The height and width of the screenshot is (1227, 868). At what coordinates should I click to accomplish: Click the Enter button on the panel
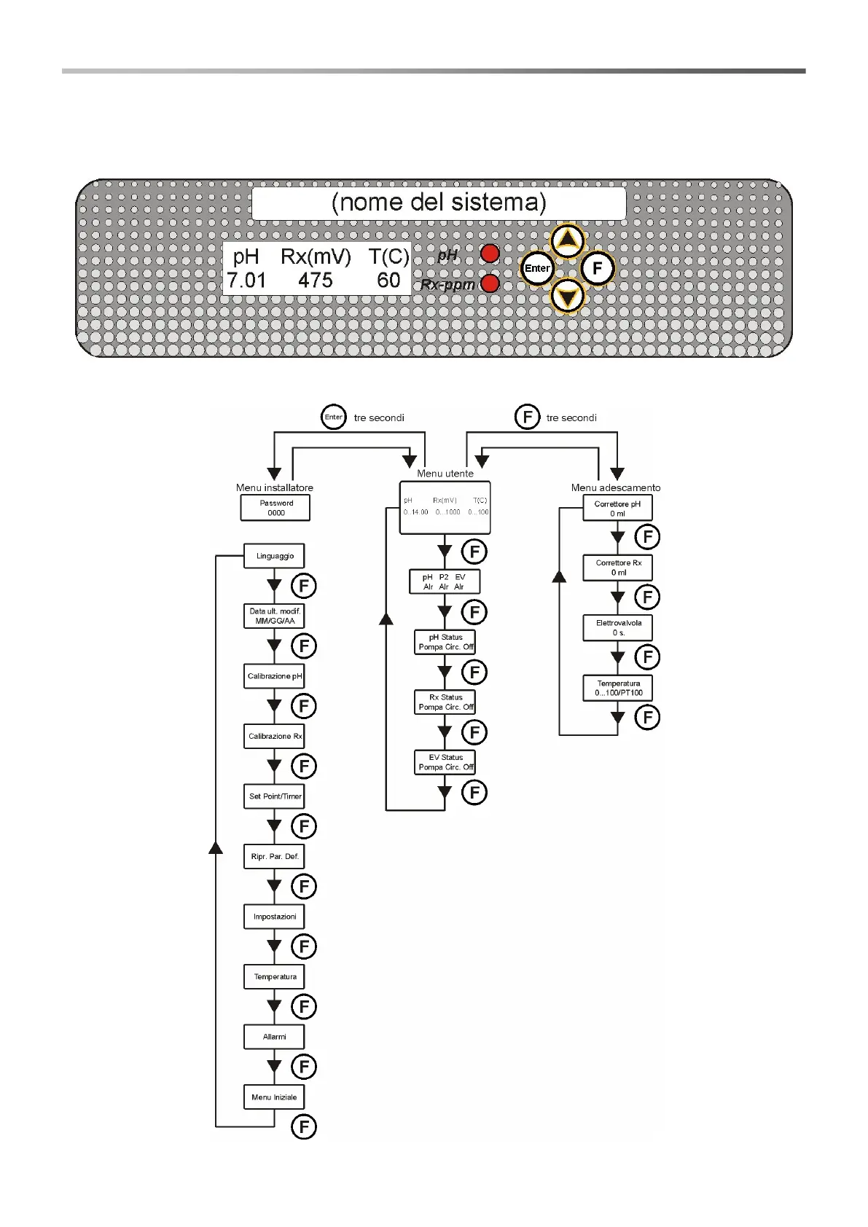pyautogui.click(x=537, y=268)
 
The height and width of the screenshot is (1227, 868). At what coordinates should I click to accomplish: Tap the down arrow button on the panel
pyautogui.click(x=567, y=297)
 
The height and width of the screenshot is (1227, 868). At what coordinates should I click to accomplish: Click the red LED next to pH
pyautogui.click(x=490, y=254)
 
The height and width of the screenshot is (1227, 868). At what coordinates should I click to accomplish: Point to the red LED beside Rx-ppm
pyautogui.click(x=490, y=283)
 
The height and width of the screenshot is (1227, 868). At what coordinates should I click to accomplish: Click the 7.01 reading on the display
pyautogui.click(x=246, y=281)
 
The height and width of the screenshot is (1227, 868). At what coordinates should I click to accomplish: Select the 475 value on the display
pyautogui.click(x=316, y=281)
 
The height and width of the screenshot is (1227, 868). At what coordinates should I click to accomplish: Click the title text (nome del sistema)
pyautogui.click(x=439, y=203)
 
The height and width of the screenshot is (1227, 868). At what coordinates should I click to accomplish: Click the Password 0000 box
pyautogui.click(x=275, y=508)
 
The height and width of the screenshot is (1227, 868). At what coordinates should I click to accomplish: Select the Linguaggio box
pyautogui.click(x=274, y=556)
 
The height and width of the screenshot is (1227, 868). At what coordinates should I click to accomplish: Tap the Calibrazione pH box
pyautogui.click(x=274, y=676)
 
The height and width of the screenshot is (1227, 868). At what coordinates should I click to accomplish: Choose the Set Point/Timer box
pyautogui.click(x=274, y=796)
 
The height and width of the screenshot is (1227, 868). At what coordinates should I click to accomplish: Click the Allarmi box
pyautogui.click(x=274, y=1037)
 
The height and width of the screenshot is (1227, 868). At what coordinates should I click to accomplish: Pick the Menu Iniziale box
pyautogui.click(x=274, y=1097)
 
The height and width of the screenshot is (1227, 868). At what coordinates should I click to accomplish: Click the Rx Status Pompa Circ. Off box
pyautogui.click(x=445, y=702)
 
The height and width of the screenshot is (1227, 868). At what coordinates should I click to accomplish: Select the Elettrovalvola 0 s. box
pyautogui.click(x=618, y=628)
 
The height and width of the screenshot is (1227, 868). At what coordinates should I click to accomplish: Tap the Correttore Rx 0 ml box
pyautogui.click(x=618, y=568)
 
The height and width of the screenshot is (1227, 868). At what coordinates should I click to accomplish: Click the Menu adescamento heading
pyautogui.click(x=616, y=487)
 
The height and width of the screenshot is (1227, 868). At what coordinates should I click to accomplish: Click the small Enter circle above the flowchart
pyautogui.click(x=334, y=418)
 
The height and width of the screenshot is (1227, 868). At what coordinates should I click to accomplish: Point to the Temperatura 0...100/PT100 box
pyautogui.click(x=618, y=689)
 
